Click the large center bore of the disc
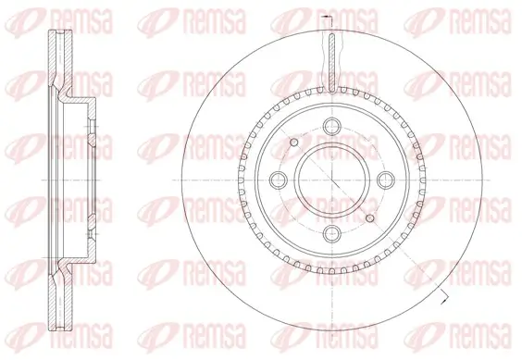329,180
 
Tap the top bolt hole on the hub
330,128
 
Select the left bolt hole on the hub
277,180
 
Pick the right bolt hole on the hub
383,180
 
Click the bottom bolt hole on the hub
330,233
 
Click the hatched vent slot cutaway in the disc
330,61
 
